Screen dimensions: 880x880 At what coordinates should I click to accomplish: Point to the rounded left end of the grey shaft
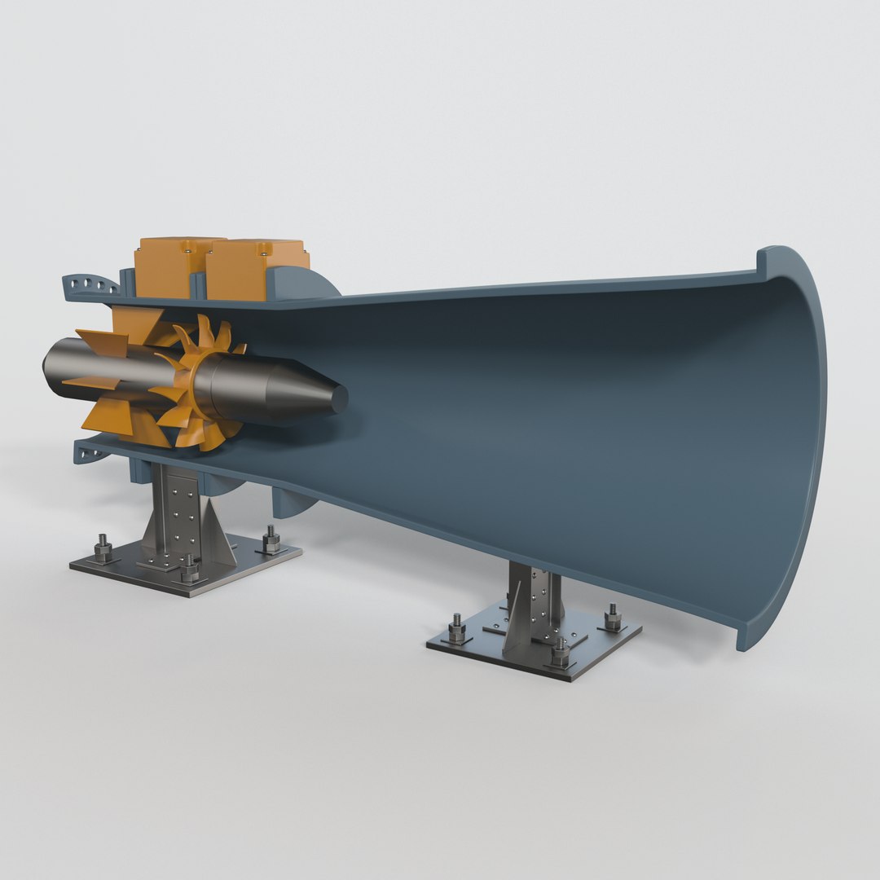click(x=49, y=364)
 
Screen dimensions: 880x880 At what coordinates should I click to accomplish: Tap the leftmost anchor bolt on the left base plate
click(x=103, y=548)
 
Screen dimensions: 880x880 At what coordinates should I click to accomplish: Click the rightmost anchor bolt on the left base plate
click(x=271, y=539)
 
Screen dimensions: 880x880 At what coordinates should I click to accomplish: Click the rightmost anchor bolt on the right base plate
click(x=612, y=617)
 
